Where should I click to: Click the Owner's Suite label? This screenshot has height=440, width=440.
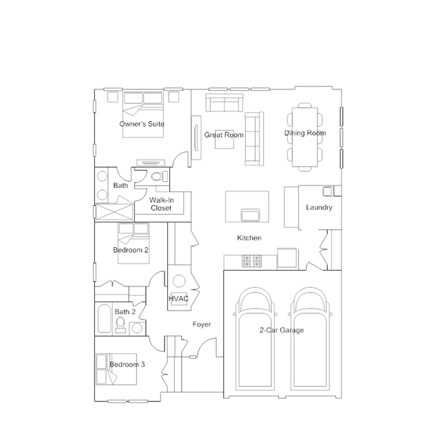pyautogui.click(x=142, y=124)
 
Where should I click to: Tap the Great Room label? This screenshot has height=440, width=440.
pyautogui.click(x=224, y=135)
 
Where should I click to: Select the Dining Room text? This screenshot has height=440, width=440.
pyautogui.click(x=305, y=133)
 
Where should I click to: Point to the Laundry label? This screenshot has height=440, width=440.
pyautogui.click(x=319, y=207)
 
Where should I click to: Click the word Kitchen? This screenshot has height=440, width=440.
pyautogui.click(x=249, y=238)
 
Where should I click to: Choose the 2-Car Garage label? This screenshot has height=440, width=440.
pyautogui.click(x=282, y=330)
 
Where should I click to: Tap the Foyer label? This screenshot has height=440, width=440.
pyautogui.click(x=202, y=324)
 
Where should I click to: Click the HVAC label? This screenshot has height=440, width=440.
pyautogui.click(x=178, y=299)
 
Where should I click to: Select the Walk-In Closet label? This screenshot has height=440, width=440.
pyautogui.click(x=161, y=204)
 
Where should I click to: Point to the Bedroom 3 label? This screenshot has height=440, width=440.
pyautogui.click(x=127, y=364)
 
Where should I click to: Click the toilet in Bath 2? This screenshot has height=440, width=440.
pyautogui.click(x=121, y=325)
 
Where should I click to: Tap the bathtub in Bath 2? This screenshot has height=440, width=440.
pyautogui.click(x=104, y=319)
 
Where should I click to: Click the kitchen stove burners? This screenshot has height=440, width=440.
pyautogui.click(x=252, y=261)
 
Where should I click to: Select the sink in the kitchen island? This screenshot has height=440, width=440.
pyautogui.click(x=251, y=215)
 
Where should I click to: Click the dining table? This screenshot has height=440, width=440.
pyautogui.click(x=305, y=137)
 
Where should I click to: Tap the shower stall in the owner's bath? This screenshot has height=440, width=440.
pyautogui.click(x=114, y=211)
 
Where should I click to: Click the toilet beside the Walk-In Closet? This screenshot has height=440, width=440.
pyautogui.click(x=159, y=176)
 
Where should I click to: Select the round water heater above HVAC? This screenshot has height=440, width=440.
pyautogui.click(x=179, y=281)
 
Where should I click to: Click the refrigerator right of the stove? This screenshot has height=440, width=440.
pyautogui.click(x=287, y=258)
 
